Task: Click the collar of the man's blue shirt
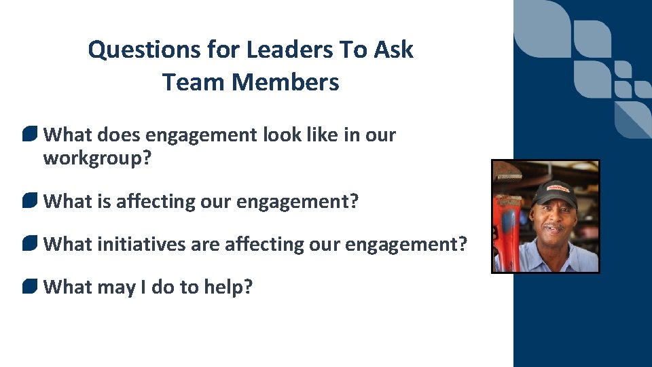(537, 257)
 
